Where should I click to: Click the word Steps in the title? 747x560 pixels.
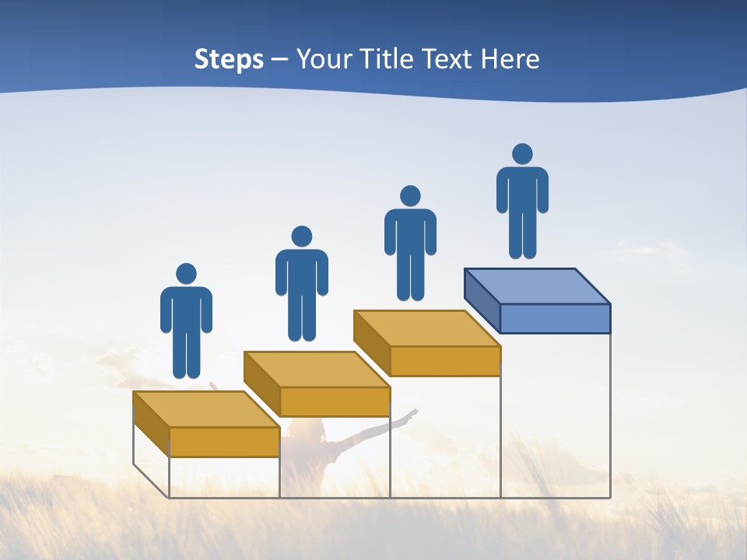229,59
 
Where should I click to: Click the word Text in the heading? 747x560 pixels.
449,59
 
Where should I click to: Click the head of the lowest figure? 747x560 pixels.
186,274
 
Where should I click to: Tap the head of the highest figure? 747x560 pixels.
522,154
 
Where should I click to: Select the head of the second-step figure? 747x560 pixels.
301,236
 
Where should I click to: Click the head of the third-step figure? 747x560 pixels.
410,196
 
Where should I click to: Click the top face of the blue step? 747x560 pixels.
537,286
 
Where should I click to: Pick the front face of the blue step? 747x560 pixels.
555,318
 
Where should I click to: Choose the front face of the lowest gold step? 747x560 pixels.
224,442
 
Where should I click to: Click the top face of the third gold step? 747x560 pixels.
426,328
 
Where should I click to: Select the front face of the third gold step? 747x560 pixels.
445,361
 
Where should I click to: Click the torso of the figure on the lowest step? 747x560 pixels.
186,311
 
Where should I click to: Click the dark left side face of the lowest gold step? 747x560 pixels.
151,424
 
